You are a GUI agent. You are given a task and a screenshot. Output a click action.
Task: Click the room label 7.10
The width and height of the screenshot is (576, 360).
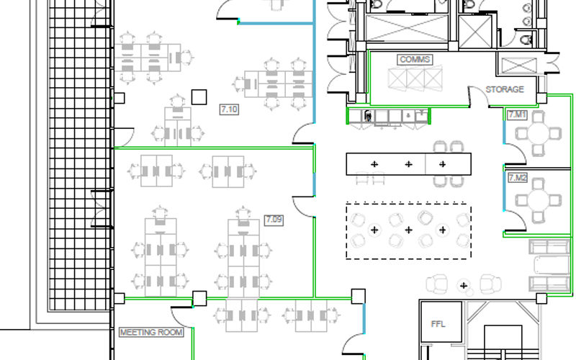(x=229, y=109)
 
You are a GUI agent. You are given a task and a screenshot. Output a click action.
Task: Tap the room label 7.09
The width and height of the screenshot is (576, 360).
(x=274, y=220)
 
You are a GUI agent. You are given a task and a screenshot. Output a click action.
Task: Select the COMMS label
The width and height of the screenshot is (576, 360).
(x=415, y=60)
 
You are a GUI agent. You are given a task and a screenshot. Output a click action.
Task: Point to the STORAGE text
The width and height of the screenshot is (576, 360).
(x=505, y=89)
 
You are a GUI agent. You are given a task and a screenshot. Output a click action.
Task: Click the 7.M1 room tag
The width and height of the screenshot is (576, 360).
(x=517, y=115)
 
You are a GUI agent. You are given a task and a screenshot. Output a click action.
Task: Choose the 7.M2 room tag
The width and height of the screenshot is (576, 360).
(x=517, y=178)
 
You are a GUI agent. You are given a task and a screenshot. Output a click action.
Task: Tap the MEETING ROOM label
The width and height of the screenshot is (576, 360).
(x=151, y=333)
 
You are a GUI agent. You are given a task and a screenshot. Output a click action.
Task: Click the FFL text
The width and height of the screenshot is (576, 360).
(x=438, y=324)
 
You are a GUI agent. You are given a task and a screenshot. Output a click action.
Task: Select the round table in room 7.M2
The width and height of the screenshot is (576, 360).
(x=539, y=200)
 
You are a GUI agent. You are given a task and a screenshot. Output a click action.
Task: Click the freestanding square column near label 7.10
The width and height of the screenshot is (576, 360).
(x=199, y=97)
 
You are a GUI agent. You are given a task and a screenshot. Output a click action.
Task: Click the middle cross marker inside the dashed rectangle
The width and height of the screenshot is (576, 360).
(x=408, y=230)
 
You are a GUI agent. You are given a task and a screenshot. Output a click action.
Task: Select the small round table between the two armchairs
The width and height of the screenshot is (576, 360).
(x=464, y=285)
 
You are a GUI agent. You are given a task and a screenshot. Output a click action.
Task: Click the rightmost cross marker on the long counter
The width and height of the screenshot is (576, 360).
(x=443, y=164)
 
